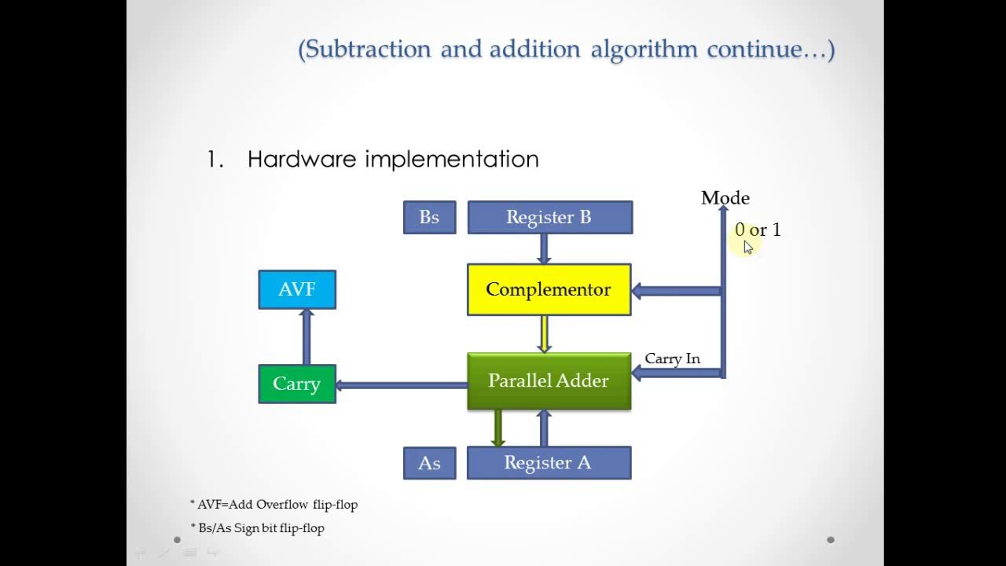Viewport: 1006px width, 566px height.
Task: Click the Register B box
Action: (549, 218)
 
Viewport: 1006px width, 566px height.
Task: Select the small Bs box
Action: (429, 218)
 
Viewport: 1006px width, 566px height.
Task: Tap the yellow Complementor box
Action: (549, 289)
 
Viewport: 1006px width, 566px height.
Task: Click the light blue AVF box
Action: (297, 289)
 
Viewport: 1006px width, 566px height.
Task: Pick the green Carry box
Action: (297, 384)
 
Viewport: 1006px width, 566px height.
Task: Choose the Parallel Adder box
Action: (549, 381)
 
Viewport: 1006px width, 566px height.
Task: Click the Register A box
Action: (549, 463)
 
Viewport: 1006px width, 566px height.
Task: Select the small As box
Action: (429, 463)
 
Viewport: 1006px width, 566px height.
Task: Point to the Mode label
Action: (725, 198)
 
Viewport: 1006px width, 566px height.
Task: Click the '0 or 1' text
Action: (758, 230)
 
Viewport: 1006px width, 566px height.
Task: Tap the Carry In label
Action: (672, 358)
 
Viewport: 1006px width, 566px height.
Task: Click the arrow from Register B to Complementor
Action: (543, 248)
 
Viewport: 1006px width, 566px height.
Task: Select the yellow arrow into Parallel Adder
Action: (543, 333)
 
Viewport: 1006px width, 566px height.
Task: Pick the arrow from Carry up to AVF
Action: (307, 336)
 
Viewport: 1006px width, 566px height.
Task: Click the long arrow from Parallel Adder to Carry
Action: (401, 385)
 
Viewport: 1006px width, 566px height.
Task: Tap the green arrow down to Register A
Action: (497, 428)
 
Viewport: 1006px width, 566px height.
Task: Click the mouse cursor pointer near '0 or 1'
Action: (747, 247)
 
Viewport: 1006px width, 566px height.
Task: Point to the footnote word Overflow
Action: (281, 505)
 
